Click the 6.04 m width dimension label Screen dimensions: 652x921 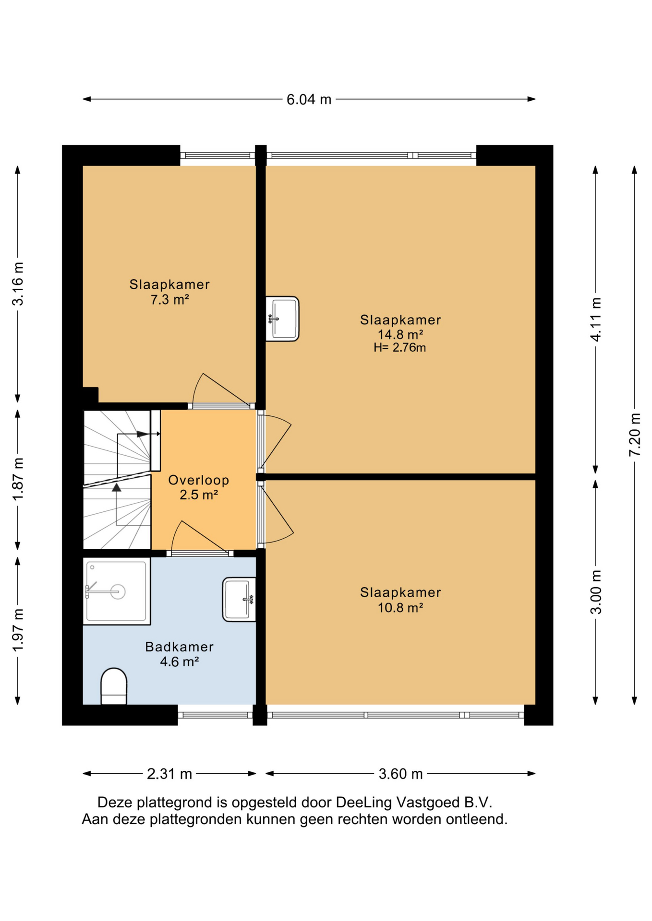click(x=309, y=99)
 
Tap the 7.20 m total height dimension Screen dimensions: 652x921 click(x=634, y=435)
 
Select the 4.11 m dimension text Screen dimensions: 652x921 click(x=595, y=319)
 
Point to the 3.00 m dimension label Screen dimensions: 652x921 click(x=595, y=592)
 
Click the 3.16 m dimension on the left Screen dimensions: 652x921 click(x=18, y=284)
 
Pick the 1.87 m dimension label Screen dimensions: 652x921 click(x=18, y=479)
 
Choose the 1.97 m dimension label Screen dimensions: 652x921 click(x=18, y=630)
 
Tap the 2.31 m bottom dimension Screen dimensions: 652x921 click(x=169, y=774)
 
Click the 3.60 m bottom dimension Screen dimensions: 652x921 click(x=400, y=774)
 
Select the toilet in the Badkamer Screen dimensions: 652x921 click(x=114, y=686)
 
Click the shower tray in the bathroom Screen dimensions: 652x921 click(x=117, y=591)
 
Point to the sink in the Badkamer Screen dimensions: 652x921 click(x=239, y=600)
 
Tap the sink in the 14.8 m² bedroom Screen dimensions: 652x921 click(x=282, y=319)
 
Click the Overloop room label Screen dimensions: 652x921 click(x=199, y=480)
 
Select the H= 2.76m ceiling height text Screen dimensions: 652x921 click(x=400, y=348)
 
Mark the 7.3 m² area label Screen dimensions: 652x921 click(x=169, y=300)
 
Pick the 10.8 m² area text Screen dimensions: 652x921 click(x=400, y=608)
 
